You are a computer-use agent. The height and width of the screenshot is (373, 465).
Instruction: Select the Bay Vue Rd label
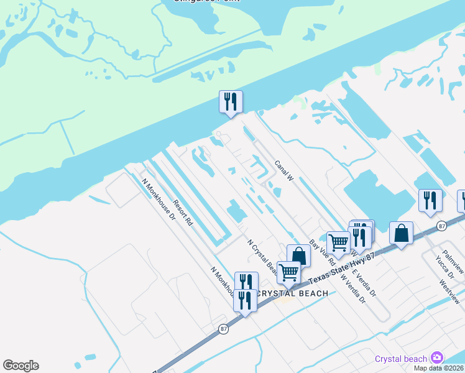(x=322, y=252)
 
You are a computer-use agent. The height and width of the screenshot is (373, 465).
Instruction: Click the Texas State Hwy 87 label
(x=343, y=264)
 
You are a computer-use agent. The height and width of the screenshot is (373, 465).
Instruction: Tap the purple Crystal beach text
(x=400, y=359)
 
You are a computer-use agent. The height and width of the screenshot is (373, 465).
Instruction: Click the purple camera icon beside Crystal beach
(x=437, y=357)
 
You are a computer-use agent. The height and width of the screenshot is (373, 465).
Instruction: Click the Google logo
(x=21, y=366)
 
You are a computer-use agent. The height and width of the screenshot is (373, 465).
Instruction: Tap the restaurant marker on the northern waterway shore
(x=231, y=101)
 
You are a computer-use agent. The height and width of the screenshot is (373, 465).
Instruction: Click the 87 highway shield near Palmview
(x=441, y=225)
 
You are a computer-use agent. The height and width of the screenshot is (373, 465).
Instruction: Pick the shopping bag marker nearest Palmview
(x=402, y=234)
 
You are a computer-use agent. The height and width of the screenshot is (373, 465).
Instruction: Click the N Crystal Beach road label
(x=263, y=259)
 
